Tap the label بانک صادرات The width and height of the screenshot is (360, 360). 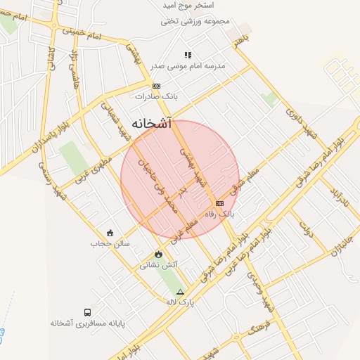pos(156,96)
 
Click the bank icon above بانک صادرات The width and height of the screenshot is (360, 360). pos(156,86)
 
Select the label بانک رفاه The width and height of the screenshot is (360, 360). pos(219,212)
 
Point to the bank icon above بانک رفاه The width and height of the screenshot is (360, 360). pos(219,202)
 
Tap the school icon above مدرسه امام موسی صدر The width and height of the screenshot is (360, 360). pos(188,54)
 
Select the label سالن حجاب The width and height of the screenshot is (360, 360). pos(106,243)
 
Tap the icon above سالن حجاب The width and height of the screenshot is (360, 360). pos(110,233)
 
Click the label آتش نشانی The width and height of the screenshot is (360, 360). pos(159,265)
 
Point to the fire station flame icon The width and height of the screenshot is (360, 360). pos(158,255)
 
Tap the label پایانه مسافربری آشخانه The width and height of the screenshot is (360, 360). pos(87,323)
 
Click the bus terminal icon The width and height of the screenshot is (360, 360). pos(87,311)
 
